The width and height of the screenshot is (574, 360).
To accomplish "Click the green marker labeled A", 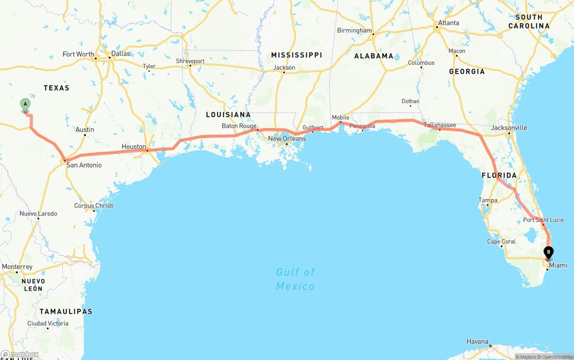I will [26, 104].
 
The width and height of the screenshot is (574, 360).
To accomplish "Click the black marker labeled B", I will [548, 252].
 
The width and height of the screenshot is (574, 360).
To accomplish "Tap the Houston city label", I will [134, 147].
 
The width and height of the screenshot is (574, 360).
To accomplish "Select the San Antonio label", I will [84, 165].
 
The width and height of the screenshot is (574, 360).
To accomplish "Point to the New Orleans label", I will [287, 139].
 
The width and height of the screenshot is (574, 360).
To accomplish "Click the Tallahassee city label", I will [440, 125].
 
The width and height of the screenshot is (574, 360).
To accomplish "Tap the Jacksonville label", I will [509, 128].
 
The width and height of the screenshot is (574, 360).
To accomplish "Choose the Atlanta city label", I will [448, 23].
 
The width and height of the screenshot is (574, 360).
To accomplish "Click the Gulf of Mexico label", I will [295, 279].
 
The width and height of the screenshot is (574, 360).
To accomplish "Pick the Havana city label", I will [477, 342].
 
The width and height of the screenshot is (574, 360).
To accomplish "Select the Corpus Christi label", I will [94, 206].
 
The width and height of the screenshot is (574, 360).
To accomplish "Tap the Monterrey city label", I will [17, 267].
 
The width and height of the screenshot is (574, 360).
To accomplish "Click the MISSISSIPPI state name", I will [296, 55].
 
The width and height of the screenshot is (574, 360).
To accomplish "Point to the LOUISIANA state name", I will [228, 115].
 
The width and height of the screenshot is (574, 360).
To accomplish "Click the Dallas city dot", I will [109, 58].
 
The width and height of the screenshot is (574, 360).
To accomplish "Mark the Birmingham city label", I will [354, 30].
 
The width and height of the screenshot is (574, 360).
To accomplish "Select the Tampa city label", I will [487, 200].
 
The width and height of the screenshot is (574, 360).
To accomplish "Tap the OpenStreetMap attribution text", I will [557, 357].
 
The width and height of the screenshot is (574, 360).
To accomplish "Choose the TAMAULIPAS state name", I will [65, 311].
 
